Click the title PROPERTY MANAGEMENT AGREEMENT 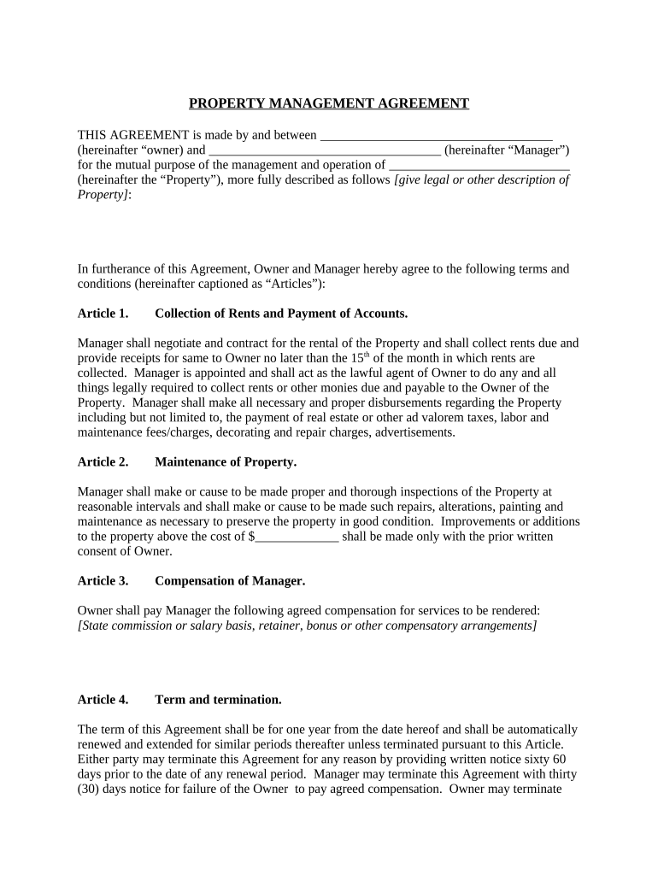(329, 103)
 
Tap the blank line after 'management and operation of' (479, 166)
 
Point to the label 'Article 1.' (103, 314)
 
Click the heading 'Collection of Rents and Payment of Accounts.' (274, 314)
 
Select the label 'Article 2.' (103, 462)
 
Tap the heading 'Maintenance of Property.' (226, 462)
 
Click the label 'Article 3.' (103, 581)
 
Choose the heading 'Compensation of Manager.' (230, 581)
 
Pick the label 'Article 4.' (103, 700)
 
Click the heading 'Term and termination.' (218, 700)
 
